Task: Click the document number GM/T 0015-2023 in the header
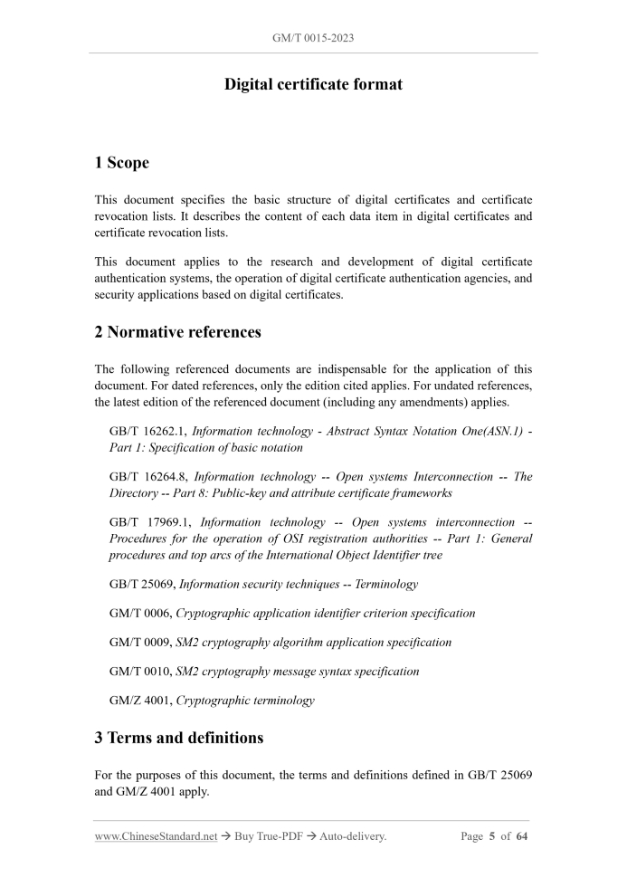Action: [x=313, y=39]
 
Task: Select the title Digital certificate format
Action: [x=313, y=84]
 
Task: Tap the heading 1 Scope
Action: [x=122, y=163]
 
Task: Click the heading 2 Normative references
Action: [x=177, y=331]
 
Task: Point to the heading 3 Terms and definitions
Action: [x=178, y=737]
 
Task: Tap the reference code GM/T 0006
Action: [x=139, y=613]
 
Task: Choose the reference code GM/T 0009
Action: [x=139, y=642]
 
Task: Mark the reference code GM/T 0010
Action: [x=139, y=671]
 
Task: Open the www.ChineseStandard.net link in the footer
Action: [x=156, y=836]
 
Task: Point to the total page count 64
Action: [x=522, y=836]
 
